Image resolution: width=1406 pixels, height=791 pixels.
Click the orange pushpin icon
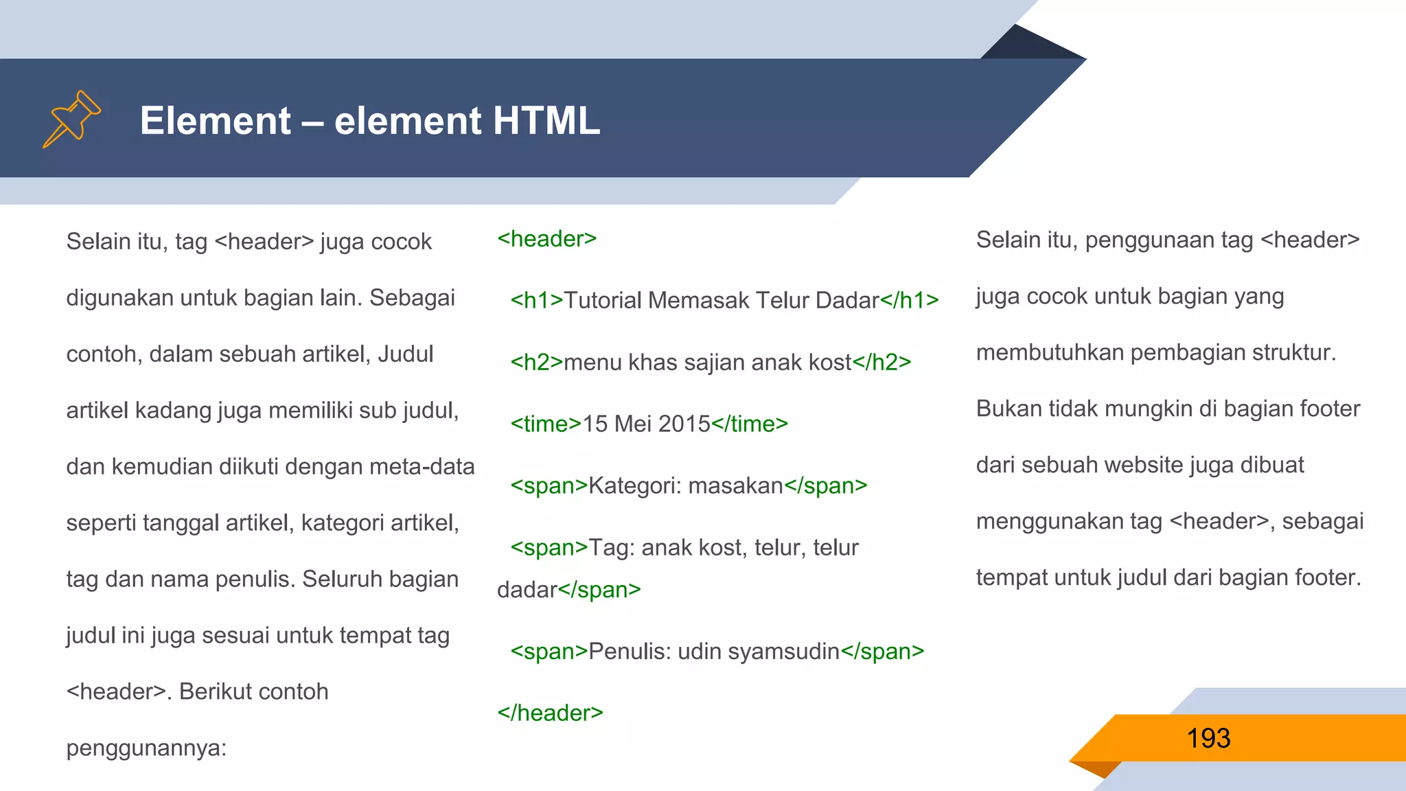point(71,119)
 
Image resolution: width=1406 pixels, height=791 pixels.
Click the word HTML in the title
point(546,121)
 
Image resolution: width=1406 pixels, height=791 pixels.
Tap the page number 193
point(1208,739)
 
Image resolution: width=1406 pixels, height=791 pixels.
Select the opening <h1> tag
point(536,301)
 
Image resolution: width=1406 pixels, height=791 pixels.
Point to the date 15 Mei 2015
point(646,424)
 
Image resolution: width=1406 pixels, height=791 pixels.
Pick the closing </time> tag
point(750,424)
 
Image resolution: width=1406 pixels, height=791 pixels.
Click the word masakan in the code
point(735,486)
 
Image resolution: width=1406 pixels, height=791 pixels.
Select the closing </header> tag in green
point(550,713)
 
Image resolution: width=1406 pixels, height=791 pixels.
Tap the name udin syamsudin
point(759,652)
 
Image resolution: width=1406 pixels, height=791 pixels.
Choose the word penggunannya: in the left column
point(146,748)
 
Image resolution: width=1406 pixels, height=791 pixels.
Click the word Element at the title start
point(216,121)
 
